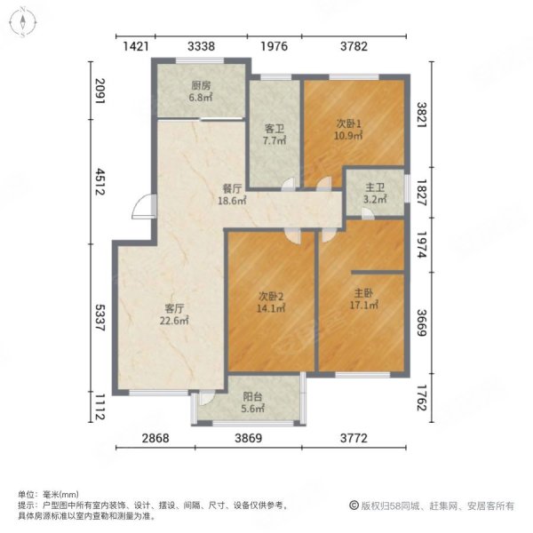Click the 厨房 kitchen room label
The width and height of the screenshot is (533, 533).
pos(201,86)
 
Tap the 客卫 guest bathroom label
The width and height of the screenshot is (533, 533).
pos(273,128)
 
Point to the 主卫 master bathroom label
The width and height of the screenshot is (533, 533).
pos(374,187)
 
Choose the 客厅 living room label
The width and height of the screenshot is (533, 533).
pos(174,309)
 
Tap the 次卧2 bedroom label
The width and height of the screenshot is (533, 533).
pos(271,298)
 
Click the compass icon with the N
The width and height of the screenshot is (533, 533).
pos(24,23)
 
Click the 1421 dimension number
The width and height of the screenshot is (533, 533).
pos(135,46)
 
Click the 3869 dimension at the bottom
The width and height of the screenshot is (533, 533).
pos(252,437)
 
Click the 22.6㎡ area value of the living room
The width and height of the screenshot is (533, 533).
pos(174,321)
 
